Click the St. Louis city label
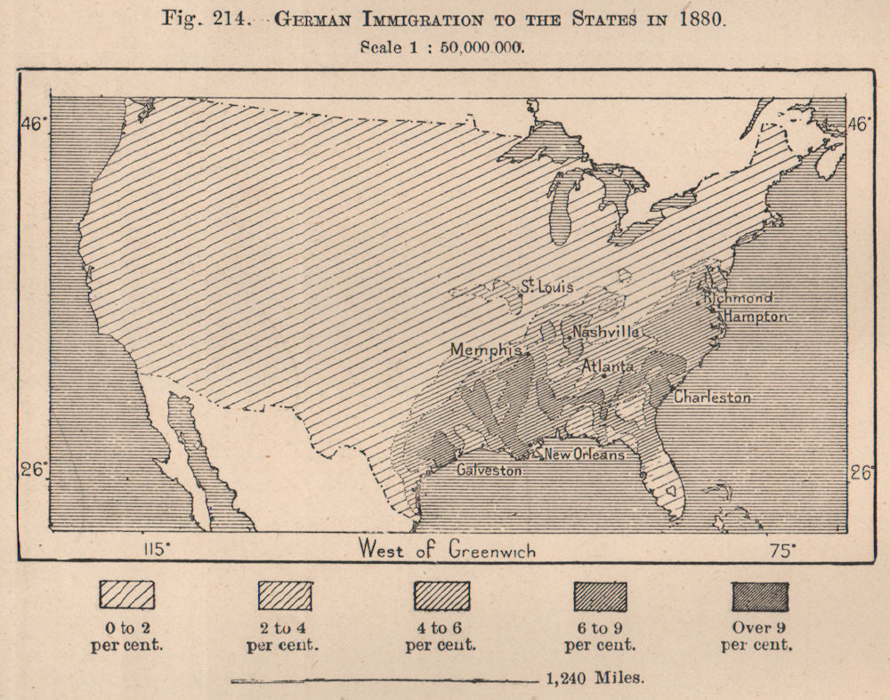pos(547,286)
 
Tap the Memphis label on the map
pos(485,350)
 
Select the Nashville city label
pos(606,332)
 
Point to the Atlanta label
pos(608,366)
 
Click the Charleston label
pos(712,398)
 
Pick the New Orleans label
pos(585,454)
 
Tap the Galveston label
pos(489,470)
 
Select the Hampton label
pos(755,316)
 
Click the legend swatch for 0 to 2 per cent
pos(126,596)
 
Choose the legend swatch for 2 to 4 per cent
pos(285,596)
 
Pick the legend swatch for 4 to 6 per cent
pos(442,596)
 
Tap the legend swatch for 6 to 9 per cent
pos(601,596)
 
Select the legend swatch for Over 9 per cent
pos(758,596)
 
